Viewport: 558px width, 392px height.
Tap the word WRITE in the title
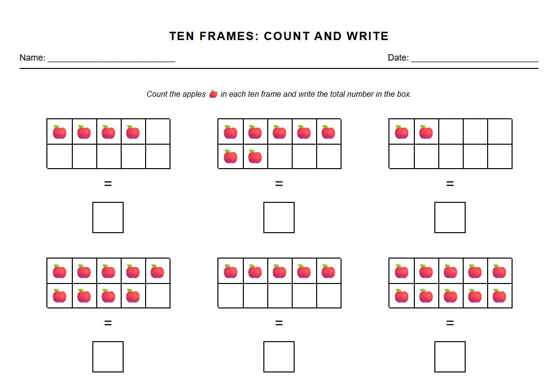coord(367,36)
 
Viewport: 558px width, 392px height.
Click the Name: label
coord(32,58)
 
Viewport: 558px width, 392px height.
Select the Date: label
coord(398,58)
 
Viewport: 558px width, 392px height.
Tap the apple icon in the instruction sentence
coord(213,94)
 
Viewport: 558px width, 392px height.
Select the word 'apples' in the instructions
coord(194,94)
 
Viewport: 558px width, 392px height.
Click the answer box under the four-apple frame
coord(108,218)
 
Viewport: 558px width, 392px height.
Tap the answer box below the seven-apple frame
coord(279,218)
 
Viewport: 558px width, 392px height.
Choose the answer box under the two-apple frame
coord(450,218)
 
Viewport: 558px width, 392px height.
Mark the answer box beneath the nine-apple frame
coord(108,357)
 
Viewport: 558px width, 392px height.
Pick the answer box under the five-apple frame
coord(279,357)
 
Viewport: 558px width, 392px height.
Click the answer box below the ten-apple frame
coord(450,357)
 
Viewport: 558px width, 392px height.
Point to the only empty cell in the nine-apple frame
coord(157,296)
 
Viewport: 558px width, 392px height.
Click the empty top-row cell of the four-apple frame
coord(157,131)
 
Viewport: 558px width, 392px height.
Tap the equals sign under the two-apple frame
coord(450,184)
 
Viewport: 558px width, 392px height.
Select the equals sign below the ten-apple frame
coord(450,323)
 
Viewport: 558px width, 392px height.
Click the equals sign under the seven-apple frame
coord(279,184)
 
